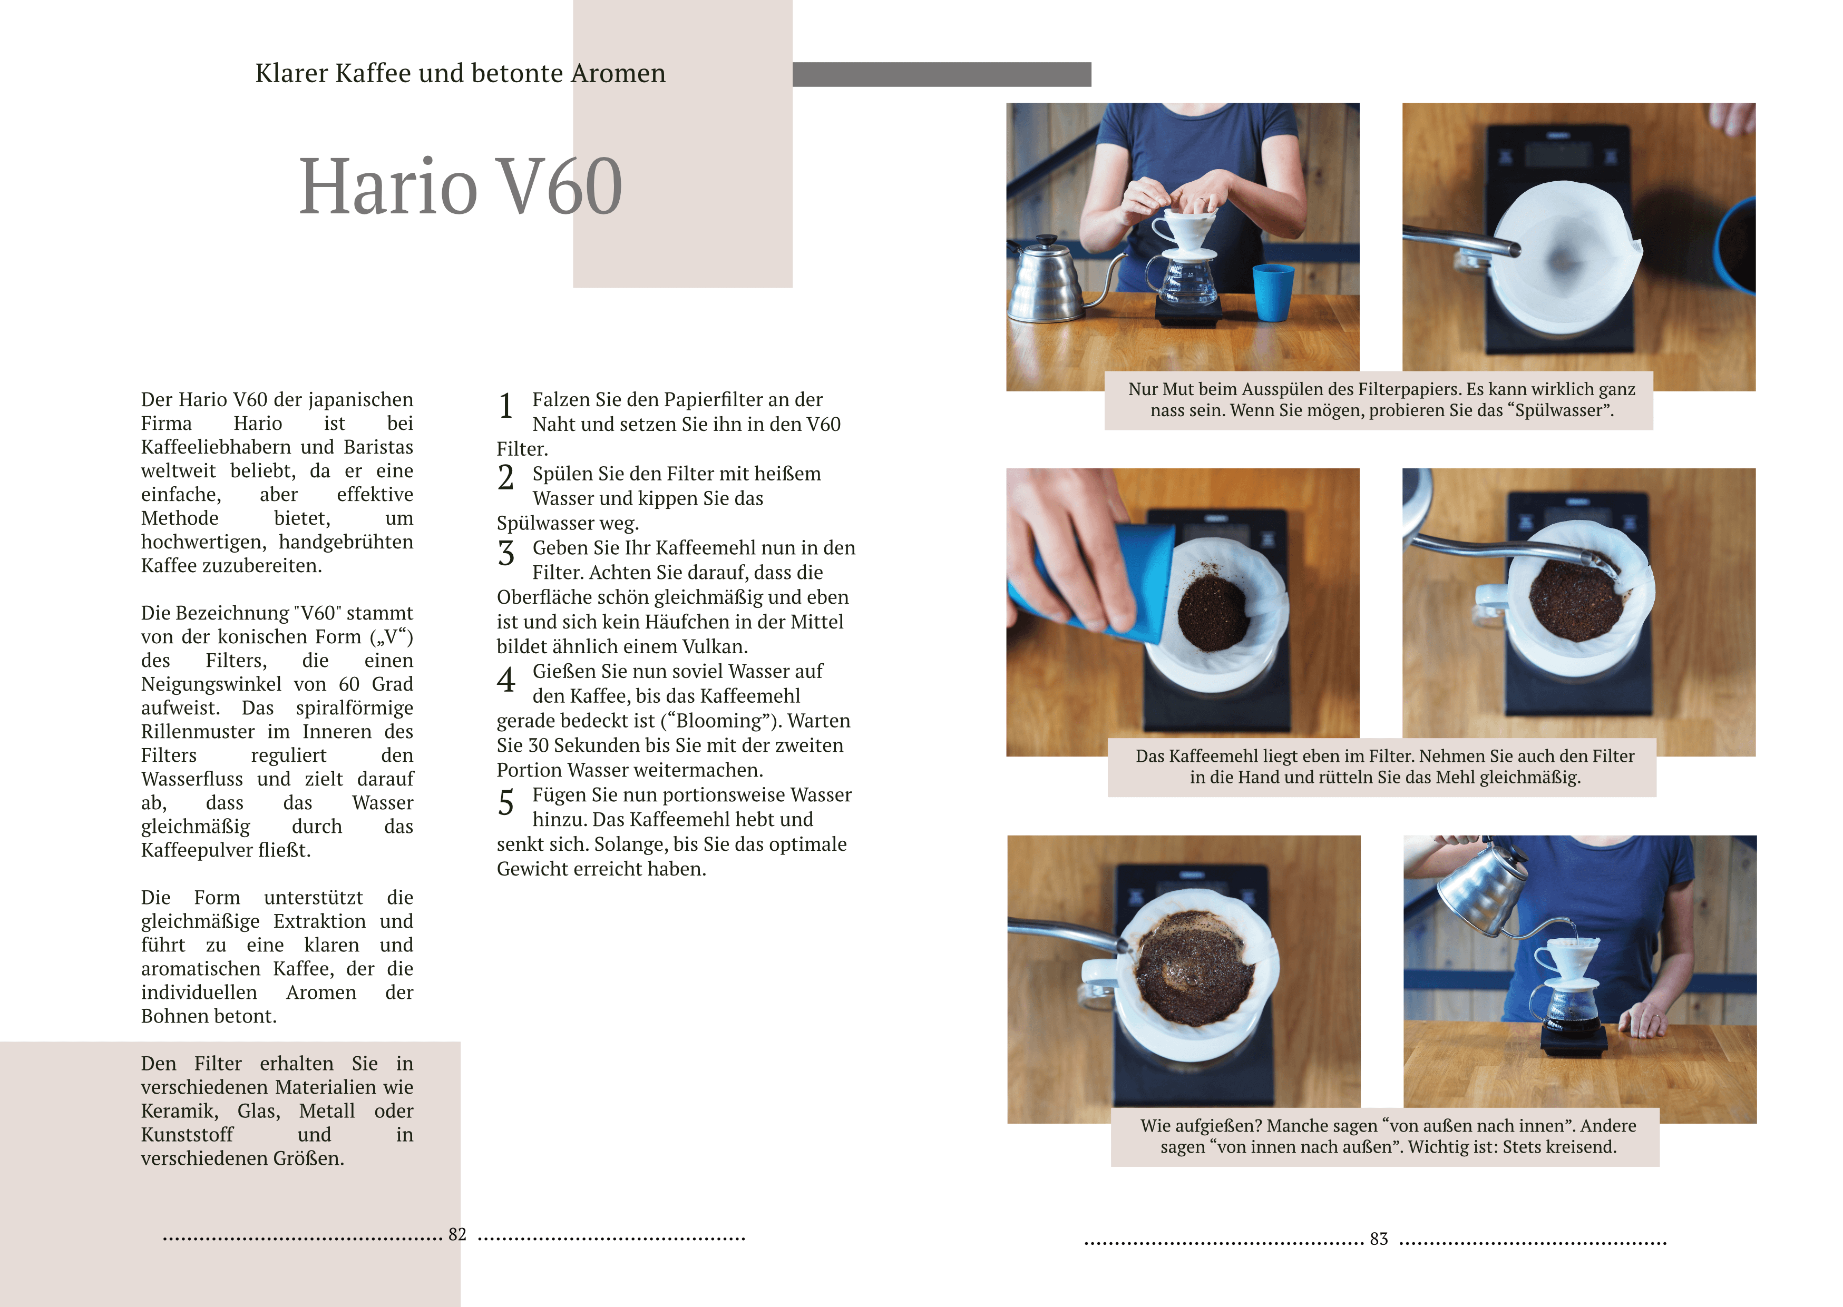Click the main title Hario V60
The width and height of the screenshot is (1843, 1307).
pyautogui.click(x=461, y=186)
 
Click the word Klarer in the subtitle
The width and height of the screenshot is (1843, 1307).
pyautogui.click(x=291, y=73)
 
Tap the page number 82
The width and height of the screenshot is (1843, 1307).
pyautogui.click(x=457, y=1235)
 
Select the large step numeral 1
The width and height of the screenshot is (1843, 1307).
pyautogui.click(x=505, y=406)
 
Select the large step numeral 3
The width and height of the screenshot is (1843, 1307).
pyautogui.click(x=505, y=554)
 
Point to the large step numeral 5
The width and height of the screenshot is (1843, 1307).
pyautogui.click(x=505, y=802)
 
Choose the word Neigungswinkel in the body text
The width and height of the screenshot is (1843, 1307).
pyautogui.click(x=211, y=685)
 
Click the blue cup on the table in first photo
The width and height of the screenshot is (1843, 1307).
pyautogui.click(x=1273, y=292)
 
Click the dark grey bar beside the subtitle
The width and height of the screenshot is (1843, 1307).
pyautogui.click(x=941, y=74)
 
